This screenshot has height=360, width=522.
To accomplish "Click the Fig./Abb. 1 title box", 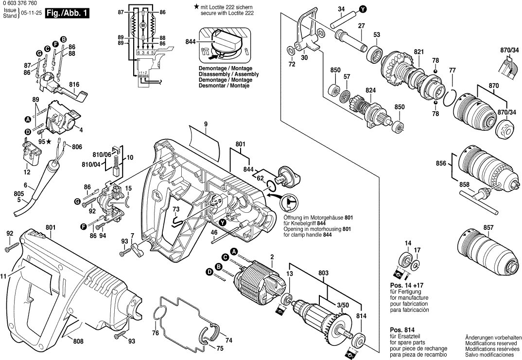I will [67, 14].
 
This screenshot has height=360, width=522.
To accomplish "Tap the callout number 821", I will [418, 51].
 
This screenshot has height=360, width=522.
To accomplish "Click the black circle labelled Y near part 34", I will [363, 9].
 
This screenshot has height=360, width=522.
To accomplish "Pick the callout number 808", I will [78, 341].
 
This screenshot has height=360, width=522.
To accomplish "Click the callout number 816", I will [74, 85].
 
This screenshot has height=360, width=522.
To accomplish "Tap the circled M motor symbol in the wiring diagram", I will [143, 24].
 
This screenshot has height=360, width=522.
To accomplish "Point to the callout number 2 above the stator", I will [272, 257].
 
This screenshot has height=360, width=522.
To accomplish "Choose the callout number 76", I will [156, 333].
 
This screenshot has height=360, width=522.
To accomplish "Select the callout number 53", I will [377, 34].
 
